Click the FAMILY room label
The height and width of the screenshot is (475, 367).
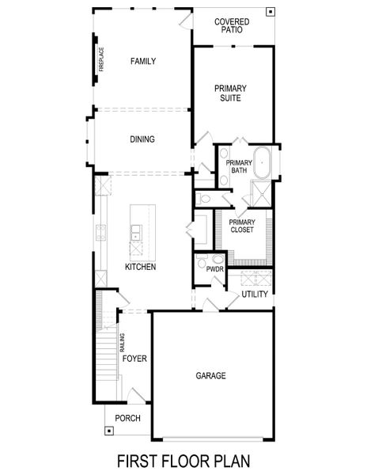point(143,61)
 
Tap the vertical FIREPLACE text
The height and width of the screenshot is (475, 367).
point(101,63)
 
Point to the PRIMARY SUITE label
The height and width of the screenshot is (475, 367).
point(233,93)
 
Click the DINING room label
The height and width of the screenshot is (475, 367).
point(142,139)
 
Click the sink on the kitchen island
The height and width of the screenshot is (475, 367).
point(136,232)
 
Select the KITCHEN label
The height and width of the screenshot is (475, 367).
point(140,267)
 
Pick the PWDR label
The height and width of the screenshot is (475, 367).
point(214,269)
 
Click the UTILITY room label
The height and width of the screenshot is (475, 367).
point(255,294)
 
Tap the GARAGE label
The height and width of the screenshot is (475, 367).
point(210,376)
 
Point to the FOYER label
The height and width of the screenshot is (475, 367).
point(134,359)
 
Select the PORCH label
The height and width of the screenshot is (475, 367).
point(127,418)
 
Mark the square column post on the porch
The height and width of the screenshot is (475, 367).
point(108,431)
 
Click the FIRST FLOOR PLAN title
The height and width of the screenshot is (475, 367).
point(183,459)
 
